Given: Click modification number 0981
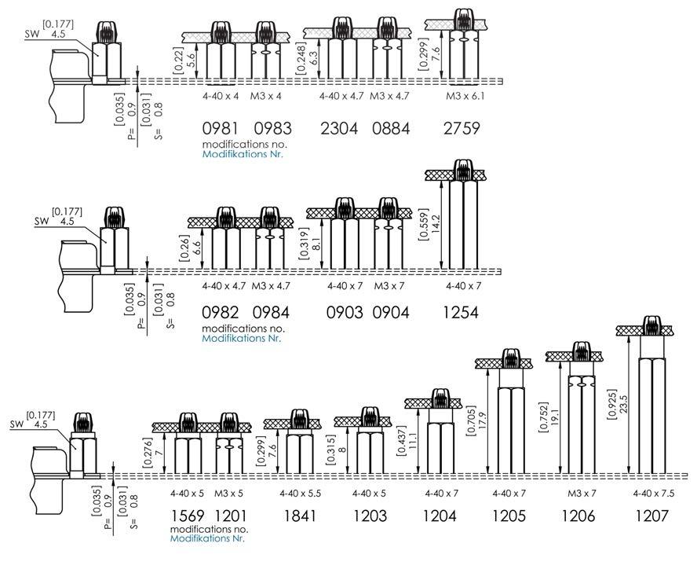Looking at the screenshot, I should pyautogui.click(x=220, y=129).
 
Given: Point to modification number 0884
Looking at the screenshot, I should pyautogui.click(x=390, y=129).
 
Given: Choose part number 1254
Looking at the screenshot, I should pyautogui.click(x=461, y=313).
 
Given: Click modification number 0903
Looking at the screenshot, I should pyautogui.click(x=345, y=313).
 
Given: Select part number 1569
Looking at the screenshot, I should pyautogui.click(x=188, y=516).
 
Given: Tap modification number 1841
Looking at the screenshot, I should pyautogui.click(x=298, y=516).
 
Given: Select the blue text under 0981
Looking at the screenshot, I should pyautogui.click(x=243, y=154).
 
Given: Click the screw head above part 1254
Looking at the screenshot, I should pyautogui.click(x=463, y=170).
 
